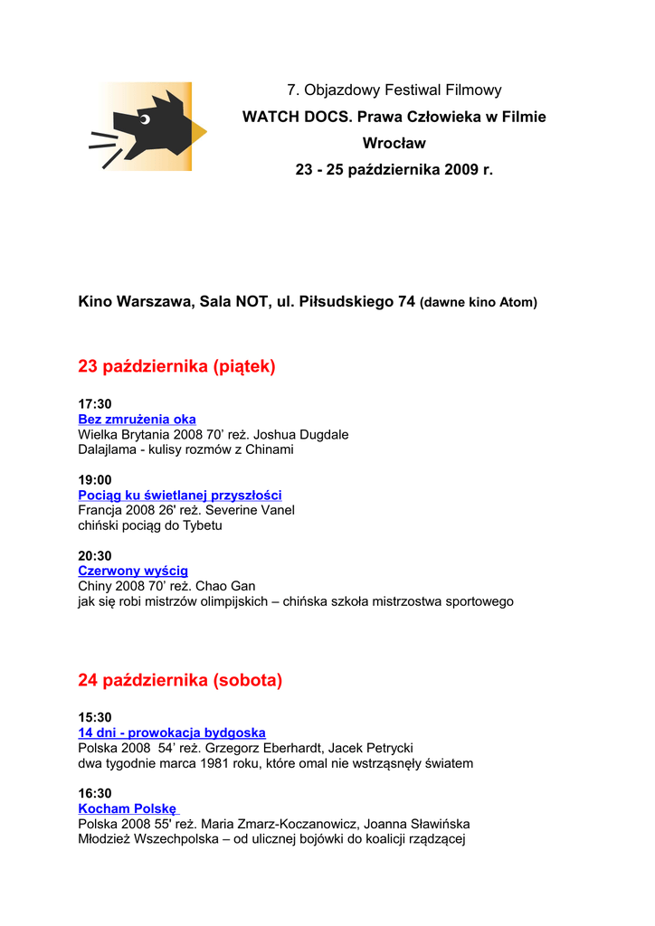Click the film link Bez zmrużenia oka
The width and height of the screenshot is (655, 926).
(x=137, y=420)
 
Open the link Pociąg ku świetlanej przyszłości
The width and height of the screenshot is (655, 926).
(x=179, y=496)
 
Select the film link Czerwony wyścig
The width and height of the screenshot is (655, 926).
(x=133, y=571)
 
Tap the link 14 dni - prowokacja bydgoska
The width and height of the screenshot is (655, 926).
(x=171, y=732)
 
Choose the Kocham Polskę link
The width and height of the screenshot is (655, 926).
(x=128, y=808)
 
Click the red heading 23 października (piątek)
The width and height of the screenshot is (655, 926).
(x=176, y=366)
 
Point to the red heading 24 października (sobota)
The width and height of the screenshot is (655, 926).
(x=180, y=680)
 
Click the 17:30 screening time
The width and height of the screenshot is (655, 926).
(x=95, y=404)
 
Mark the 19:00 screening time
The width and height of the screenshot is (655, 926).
(x=95, y=480)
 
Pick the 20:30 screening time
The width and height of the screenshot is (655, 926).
(x=95, y=556)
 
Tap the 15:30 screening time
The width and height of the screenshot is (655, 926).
(x=95, y=718)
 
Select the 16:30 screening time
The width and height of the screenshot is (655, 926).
(x=95, y=794)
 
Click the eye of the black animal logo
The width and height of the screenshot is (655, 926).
(x=143, y=118)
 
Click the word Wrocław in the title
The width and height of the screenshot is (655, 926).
(x=394, y=143)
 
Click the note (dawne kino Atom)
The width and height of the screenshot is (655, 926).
(x=479, y=303)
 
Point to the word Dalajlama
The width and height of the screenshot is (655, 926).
(x=109, y=449)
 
